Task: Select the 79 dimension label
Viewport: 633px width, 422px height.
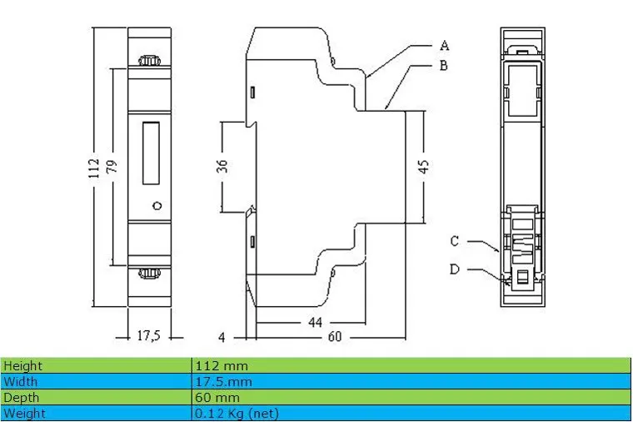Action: coord(112,167)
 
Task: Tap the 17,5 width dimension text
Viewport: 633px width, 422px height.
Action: coord(147,336)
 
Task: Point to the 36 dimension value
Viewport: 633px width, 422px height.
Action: coord(222,165)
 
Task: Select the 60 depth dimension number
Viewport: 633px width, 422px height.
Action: coord(333,336)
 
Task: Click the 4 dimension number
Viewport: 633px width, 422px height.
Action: coord(222,337)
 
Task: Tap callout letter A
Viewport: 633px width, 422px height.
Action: coord(444,45)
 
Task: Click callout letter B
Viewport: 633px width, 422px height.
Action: coord(444,65)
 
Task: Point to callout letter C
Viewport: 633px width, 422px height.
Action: coord(455,241)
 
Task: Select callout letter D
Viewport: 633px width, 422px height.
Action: coord(455,269)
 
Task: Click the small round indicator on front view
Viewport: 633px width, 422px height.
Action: coord(155,205)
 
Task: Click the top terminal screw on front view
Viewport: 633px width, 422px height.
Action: coord(150,61)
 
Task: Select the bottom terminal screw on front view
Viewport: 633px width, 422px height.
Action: coord(150,274)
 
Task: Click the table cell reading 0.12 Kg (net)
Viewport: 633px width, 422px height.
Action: coord(237,413)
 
